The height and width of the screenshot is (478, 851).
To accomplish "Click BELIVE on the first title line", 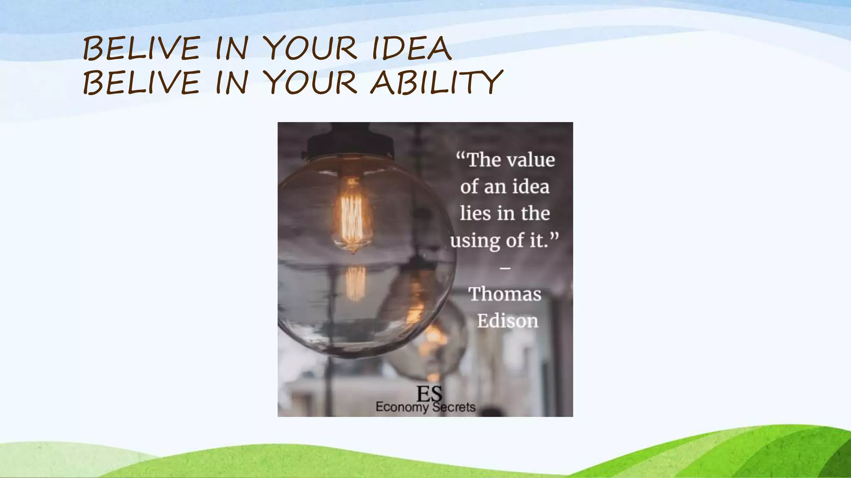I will [x=141, y=49].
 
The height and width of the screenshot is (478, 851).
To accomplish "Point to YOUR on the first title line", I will [x=310, y=49].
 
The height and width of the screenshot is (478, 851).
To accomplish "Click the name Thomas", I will [x=505, y=294].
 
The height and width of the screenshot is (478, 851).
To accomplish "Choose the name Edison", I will [x=507, y=321].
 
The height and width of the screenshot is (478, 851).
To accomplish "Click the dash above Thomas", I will [x=505, y=268].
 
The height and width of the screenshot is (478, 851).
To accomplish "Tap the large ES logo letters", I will [x=429, y=393].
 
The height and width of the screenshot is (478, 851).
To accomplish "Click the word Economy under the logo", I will [x=401, y=407].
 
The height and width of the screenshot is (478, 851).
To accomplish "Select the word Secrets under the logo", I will [x=454, y=407].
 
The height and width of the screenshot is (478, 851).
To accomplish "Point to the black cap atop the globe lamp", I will [x=350, y=143].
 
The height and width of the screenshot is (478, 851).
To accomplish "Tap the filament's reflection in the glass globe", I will [x=356, y=283].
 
